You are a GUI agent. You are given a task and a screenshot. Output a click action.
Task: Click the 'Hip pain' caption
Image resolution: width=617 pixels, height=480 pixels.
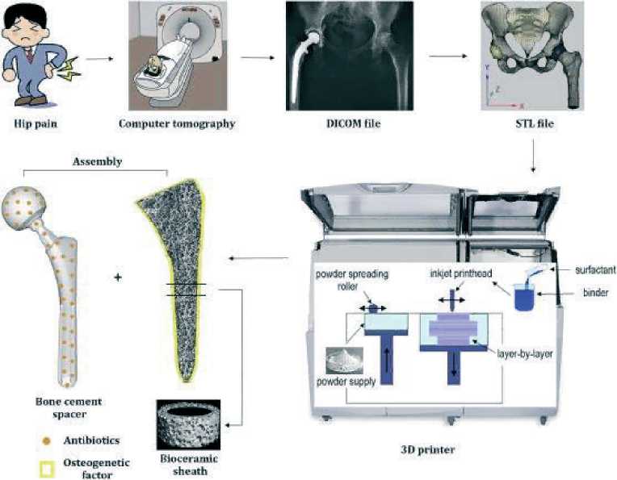(x=36, y=123)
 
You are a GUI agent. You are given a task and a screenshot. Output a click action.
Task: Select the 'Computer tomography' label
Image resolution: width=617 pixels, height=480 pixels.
(x=177, y=123)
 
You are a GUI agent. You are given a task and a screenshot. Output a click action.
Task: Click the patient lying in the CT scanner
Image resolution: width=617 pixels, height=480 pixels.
(x=154, y=64)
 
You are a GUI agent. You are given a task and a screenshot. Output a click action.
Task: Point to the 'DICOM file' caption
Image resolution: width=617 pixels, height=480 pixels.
(x=354, y=123)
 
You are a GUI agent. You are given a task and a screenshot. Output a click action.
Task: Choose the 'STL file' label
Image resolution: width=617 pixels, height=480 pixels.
(x=535, y=123)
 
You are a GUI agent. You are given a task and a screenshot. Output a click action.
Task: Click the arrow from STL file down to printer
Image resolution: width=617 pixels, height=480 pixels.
(x=533, y=155)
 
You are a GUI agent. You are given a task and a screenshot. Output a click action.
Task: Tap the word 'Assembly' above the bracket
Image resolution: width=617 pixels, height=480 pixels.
(x=97, y=161)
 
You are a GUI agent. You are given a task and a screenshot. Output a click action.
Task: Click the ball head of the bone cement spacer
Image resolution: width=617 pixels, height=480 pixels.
(x=23, y=207)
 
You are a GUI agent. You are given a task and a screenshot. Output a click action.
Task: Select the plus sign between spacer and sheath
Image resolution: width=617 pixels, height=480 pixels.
(x=118, y=278)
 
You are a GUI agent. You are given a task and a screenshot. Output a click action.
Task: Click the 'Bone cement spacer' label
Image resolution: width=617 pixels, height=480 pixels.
(x=69, y=407)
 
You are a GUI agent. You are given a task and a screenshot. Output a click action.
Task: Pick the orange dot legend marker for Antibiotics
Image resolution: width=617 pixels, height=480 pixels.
(x=46, y=441)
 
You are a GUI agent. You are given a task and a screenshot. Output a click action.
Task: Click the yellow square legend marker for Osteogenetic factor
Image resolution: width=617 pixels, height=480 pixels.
(x=47, y=470)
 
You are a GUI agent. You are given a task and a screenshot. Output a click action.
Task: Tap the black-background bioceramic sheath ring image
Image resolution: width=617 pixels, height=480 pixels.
(x=188, y=425)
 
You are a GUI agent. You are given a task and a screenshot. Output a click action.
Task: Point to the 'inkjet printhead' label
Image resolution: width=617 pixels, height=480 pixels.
(x=461, y=273)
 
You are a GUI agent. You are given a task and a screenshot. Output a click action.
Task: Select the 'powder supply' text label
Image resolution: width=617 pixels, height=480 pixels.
(x=346, y=382)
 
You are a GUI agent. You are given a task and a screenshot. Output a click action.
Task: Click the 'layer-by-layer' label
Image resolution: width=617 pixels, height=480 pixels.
(x=525, y=354)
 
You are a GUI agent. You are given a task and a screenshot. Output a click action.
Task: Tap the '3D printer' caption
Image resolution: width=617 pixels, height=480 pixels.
(x=428, y=449)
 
